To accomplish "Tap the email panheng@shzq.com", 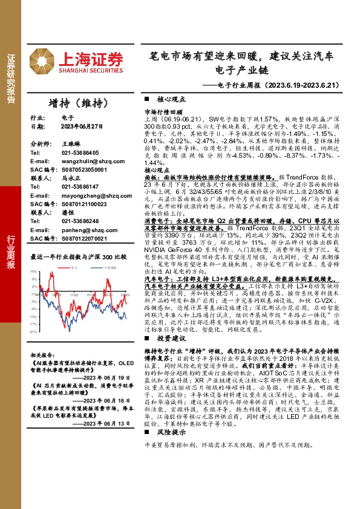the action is [x=83, y=230].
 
